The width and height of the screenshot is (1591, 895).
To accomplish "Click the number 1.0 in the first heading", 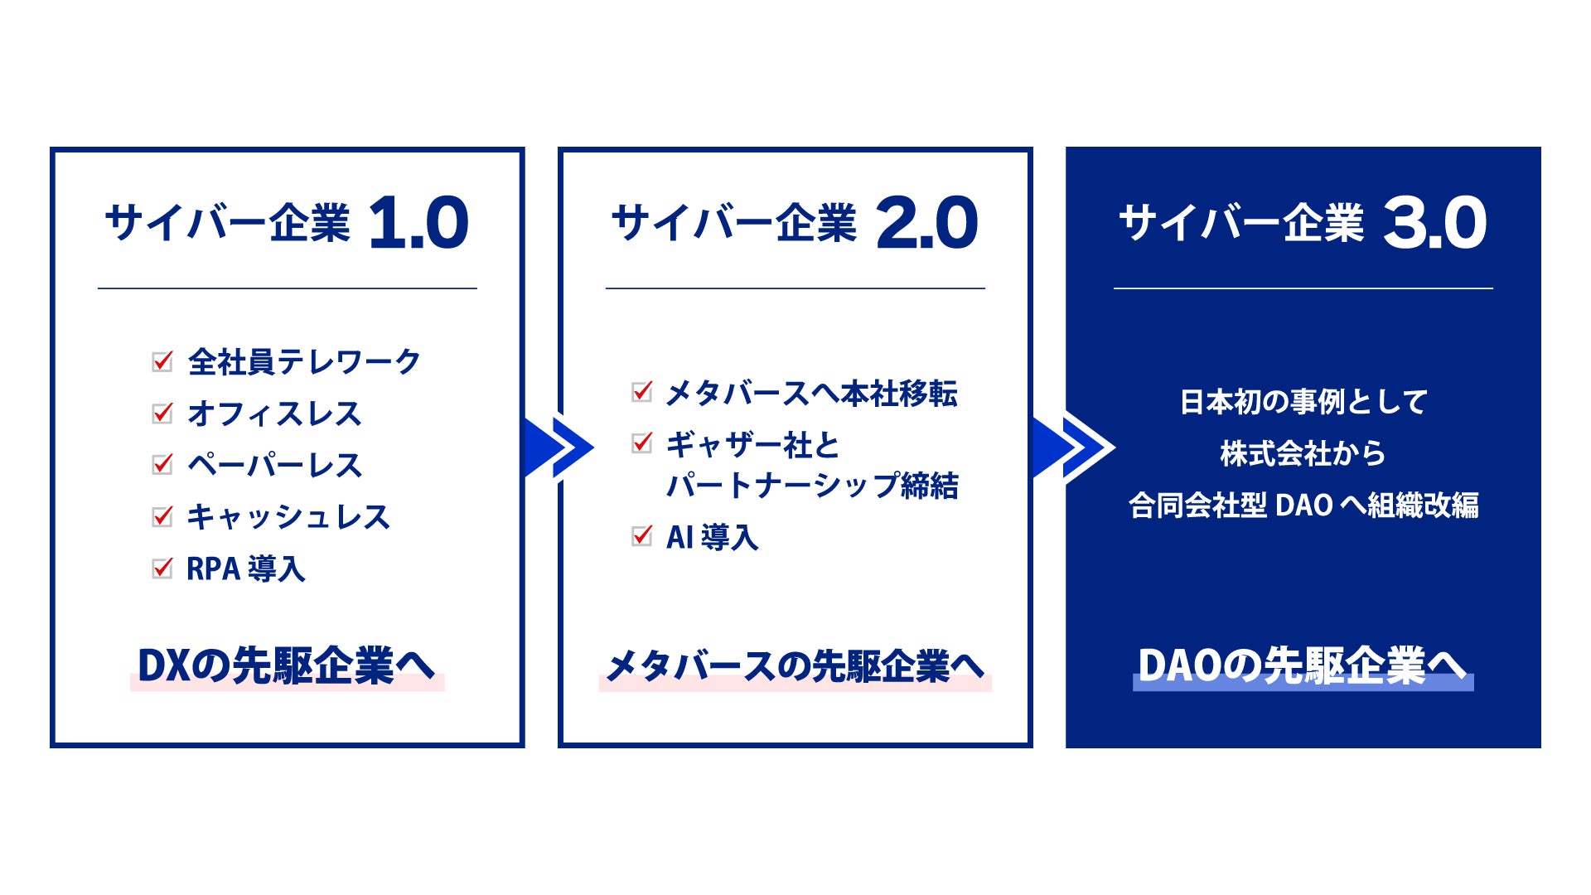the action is (418, 223).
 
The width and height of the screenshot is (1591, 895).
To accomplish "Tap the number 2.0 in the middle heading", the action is (926, 223).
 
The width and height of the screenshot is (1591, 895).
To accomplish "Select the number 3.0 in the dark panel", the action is (1434, 223).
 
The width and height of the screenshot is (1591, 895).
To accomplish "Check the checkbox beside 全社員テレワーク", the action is (162, 361).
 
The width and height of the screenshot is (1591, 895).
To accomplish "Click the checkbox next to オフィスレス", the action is (162, 413).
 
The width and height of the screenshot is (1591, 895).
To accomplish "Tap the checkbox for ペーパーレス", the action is (162, 464).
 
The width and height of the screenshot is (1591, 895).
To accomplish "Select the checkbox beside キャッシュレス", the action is (162, 516).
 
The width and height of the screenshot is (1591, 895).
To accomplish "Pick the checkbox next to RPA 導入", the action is (162, 568).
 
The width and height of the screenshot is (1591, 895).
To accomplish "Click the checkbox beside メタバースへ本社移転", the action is (641, 391).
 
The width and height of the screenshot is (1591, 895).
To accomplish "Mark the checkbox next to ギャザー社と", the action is (641, 443).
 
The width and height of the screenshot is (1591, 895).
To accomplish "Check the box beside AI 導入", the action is (641, 536).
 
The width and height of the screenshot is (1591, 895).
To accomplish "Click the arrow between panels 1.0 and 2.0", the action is (559, 447).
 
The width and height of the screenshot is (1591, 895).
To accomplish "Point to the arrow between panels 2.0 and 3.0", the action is (1073, 447).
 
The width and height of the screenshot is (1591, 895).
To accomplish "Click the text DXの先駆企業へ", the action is (286, 665).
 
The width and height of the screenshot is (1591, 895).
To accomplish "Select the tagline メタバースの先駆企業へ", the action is (795, 665).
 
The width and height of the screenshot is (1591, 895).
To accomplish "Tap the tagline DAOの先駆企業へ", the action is (1302, 665).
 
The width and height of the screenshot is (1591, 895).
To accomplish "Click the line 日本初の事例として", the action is (1303, 402).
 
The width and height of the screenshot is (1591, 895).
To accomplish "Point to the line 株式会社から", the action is (1303, 453).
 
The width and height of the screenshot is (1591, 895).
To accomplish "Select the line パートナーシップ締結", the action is (812, 485).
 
